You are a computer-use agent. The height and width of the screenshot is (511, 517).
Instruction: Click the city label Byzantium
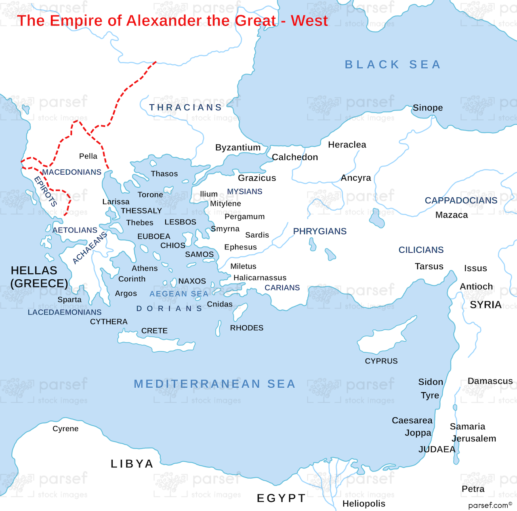click(x=238, y=148)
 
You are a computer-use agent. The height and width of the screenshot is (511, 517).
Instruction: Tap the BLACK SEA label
click(x=393, y=65)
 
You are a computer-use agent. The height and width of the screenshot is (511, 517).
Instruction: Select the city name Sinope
click(x=428, y=108)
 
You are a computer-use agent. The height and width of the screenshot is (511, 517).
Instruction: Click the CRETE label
click(x=154, y=331)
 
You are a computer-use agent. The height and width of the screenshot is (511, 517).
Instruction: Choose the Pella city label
click(x=88, y=156)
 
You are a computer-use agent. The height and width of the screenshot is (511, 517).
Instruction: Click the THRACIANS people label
click(x=186, y=108)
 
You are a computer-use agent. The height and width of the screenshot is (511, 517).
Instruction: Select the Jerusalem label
click(x=474, y=439)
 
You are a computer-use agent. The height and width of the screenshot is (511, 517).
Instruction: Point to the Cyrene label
click(x=65, y=429)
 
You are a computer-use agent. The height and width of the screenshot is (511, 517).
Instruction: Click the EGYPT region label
click(x=282, y=498)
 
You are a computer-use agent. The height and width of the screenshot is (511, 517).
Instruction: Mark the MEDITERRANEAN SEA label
click(x=214, y=384)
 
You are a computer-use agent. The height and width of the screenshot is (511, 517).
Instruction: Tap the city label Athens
click(x=145, y=268)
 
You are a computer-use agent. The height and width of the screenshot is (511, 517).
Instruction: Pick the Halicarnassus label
click(x=260, y=278)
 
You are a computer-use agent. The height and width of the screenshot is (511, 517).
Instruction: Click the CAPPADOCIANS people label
click(x=461, y=201)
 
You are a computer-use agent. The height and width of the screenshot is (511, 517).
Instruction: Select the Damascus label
click(x=490, y=381)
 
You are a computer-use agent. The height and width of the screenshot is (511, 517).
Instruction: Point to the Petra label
click(x=473, y=489)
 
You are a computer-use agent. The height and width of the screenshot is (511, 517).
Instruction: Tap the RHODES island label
click(x=246, y=328)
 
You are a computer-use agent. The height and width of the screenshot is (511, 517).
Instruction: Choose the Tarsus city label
click(x=429, y=266)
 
